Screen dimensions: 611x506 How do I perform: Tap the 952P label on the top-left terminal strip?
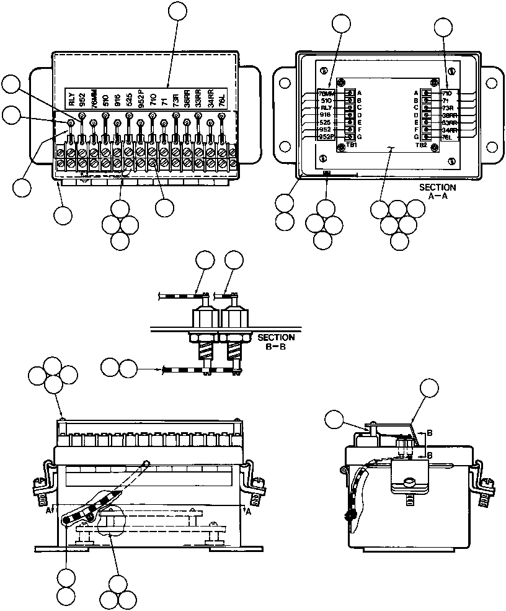coord(141,99)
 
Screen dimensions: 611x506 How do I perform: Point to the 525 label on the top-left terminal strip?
coord(129,99)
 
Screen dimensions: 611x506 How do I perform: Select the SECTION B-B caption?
coord(276,342)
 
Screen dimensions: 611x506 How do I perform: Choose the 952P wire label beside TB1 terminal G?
coord(326,137)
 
